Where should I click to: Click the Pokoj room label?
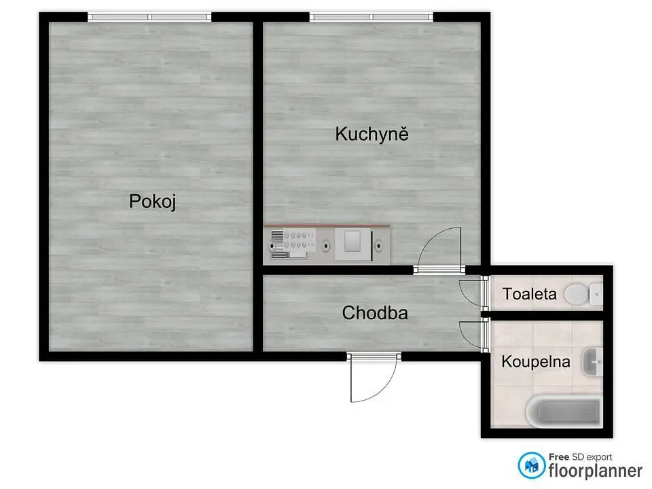(x=153, y=202)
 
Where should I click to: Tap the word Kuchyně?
(x=372, y=134)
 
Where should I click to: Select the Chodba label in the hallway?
(x=375, y=312)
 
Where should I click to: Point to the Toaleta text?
(x=529, y=294)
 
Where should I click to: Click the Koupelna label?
(x=536, y=361)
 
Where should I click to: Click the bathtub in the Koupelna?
(x=564, y=410)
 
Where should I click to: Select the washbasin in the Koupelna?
(x=592, y=362)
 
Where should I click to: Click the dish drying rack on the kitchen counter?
(x=290, y=244)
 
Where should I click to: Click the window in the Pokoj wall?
(x=149, y=17)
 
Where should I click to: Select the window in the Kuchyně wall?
(x=372, y=17)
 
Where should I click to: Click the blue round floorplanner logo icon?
(x=531, y=466)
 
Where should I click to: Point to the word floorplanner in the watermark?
(x=596, y=471)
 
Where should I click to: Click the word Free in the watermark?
(x=559, y=456)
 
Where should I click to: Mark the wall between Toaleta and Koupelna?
(x=547, y=316)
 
